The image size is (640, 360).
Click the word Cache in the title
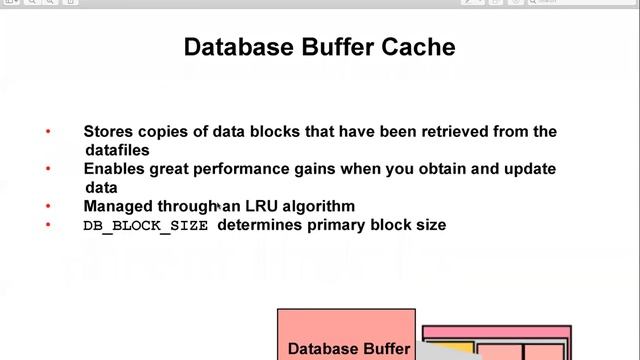(x=418, y=47)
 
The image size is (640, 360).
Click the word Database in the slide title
(x=239, y=47)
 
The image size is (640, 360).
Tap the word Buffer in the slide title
(x=338, y=47)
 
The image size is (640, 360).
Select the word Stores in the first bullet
(x=108, y=131)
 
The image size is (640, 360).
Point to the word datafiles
(x=118, y=150)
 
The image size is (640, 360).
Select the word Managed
(x=118, y=207)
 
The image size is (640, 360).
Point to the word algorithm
(x=319, y=207)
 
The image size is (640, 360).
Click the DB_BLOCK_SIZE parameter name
(x=146, y=226)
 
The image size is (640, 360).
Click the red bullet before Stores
(x=48, y=131)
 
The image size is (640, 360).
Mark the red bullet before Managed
(x=48, y=206)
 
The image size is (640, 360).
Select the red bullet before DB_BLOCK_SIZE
(x=48, y=224)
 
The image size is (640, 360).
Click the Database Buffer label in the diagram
(x=349, y=349)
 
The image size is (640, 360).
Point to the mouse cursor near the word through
(x=219, y=206)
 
